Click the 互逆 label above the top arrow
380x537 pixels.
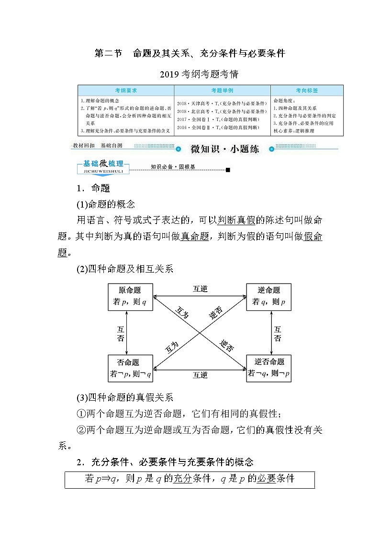pyautogui.click(x=200, y=289)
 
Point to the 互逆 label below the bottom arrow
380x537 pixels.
pyautogui.click(x=200, y=375)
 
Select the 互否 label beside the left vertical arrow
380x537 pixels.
pyautogui.click(x=121, y=333)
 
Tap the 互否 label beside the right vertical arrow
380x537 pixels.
pyautogui.click(x=278, y=333)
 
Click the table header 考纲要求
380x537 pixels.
pyautogui.click(x=126, y=90)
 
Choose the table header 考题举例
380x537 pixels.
pyautogui.click(x=222, y=90)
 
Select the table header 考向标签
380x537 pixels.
pyautogui.click(x=307, y=90)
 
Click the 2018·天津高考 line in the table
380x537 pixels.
pyautogui.click(x=222, y=103)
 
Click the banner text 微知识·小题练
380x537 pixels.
pyautogui.click(x=224, y=149)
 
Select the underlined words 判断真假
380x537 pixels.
pyautogui.click(x=236, y=220)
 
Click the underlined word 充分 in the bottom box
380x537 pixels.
pyautogui.click(x=179, y=478)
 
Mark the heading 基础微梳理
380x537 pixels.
pyautogui.click(x=103, y=164)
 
